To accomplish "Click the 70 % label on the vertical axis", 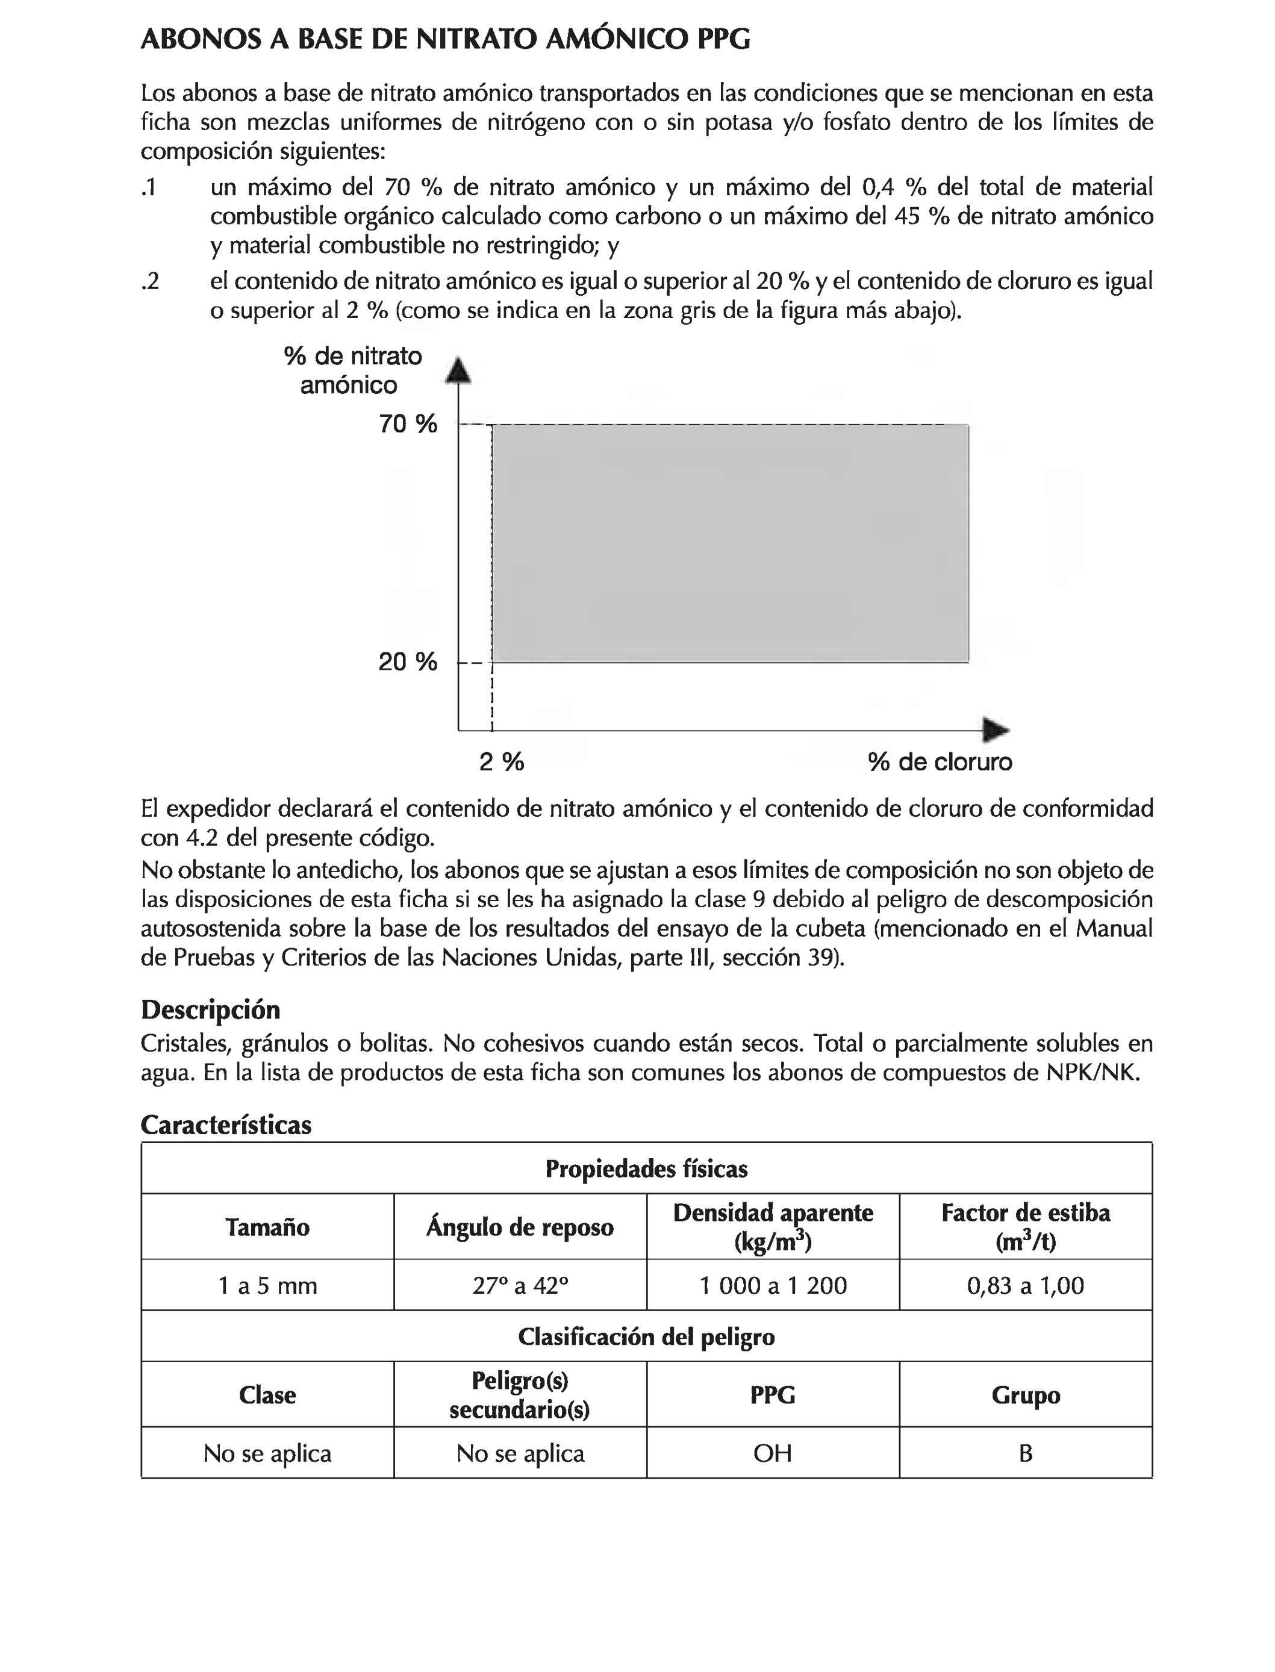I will tap(408, 423).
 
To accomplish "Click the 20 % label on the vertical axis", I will tap(408, 662).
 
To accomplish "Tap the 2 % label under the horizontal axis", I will tap(502, 761).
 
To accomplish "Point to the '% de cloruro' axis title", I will tap(940, 761).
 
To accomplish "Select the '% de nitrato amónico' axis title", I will tap(352, 370).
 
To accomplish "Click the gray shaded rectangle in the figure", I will tap(730, 543).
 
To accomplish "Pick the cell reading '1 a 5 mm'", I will tap(267, 1285).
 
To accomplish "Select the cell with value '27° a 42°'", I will tap(520, 1285).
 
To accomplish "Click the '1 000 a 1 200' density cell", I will tap(773, 1285).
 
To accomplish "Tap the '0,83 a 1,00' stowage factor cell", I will tap(1025, 1285).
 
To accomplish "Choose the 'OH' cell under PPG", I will tap(773, 1453).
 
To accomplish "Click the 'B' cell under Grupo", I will tap(1025, 1453).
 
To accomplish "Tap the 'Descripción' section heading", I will tap(210, 1009).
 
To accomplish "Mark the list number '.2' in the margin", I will tap(151, 281).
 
